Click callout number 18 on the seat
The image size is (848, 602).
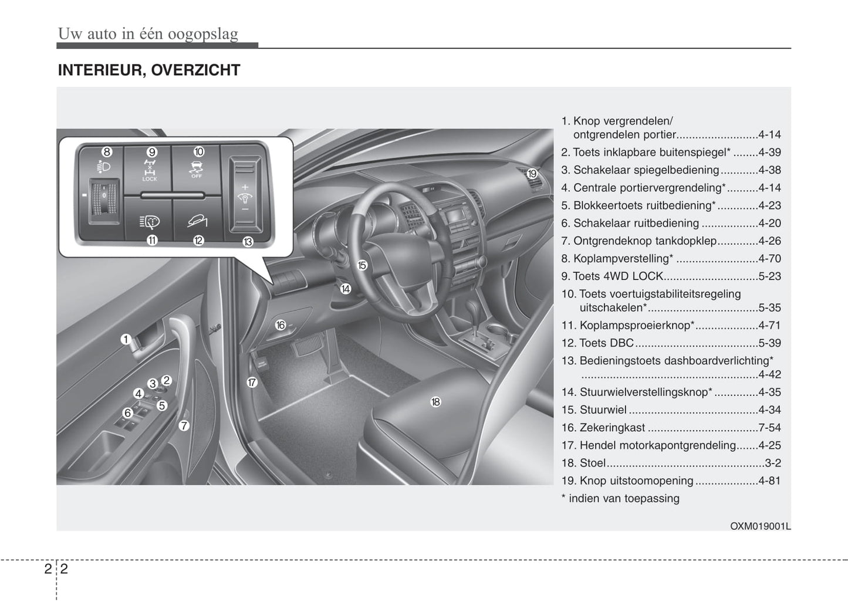tap(435, 402)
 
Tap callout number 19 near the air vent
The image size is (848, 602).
tap(532, 174)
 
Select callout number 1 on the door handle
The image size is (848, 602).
tap(126, 339)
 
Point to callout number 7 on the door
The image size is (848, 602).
tap(184, 426)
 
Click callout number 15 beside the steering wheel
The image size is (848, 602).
tap(362, 265)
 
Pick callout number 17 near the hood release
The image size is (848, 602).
tap(252, 383)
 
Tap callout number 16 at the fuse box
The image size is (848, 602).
tap(281, 325)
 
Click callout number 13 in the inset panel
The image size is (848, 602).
tap(248, 242)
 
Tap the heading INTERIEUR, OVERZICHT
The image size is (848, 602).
tap(149, 70)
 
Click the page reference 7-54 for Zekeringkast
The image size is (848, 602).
tap(769, 428)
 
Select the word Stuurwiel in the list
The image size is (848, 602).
tap(603, 410)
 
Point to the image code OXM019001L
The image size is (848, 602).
tap(760, 526)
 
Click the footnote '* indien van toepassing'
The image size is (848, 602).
tap(620, 499)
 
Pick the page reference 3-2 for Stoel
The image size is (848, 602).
tap(773, 463)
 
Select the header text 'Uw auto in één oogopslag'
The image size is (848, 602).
tap(148, 33)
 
